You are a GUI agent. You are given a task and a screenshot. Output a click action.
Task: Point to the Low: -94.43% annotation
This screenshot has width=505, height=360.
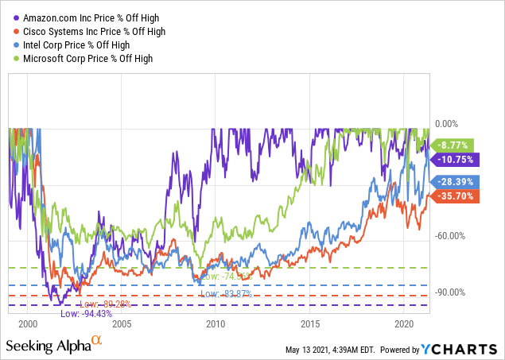[108, 314]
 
